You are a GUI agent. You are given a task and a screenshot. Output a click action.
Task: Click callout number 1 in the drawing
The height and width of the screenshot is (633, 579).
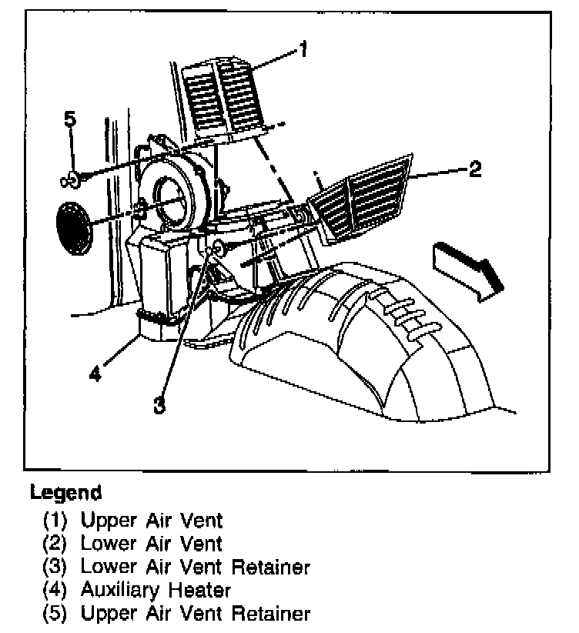pos(303,50)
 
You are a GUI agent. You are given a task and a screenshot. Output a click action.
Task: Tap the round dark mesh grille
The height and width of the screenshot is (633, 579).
pos(73,226)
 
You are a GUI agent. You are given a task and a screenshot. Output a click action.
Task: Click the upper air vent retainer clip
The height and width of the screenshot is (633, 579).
pos(72,179)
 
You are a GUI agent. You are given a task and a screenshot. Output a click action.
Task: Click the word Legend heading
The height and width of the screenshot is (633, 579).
pos(65,492)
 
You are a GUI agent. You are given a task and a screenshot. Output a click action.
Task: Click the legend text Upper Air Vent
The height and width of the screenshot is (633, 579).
pos(152,521)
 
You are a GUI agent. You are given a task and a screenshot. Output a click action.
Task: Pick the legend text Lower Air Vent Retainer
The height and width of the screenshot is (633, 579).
pos(196,568)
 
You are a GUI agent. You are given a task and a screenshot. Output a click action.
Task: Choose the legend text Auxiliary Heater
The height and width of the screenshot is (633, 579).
pos(156,591)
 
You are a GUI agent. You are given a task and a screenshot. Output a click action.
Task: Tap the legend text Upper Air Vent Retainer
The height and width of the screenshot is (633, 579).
pos(196,614)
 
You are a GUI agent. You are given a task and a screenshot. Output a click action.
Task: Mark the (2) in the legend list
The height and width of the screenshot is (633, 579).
pos(55,544)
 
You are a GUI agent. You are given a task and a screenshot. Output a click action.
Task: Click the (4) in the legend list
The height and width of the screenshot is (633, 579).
pos(55,591)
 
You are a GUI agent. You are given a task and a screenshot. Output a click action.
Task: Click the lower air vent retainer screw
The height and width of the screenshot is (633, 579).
pos(217,247)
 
